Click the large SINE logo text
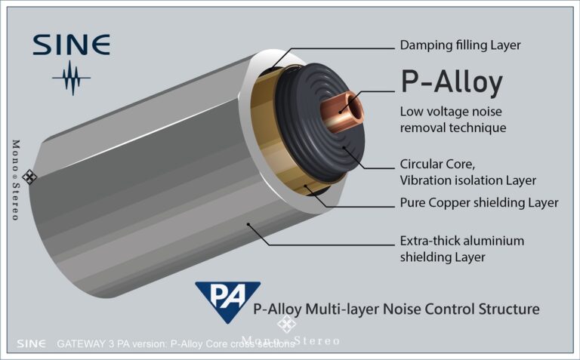coord(72,45)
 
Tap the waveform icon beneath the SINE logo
coord(72,78)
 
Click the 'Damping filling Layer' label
coord(460,45)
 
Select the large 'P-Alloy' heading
coord(452,82)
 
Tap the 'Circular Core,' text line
coord(437,164)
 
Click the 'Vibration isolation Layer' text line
coord(468,180)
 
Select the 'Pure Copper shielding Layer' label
coord(479,203)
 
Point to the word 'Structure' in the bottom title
coord(508,309)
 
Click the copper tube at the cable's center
coord(342,112)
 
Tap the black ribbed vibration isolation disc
coord(320,122)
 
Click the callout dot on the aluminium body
coord(248,224)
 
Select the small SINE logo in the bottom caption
coord(31,343)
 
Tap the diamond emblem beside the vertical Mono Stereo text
coord(29,177)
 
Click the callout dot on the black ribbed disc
coord(344,148)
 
